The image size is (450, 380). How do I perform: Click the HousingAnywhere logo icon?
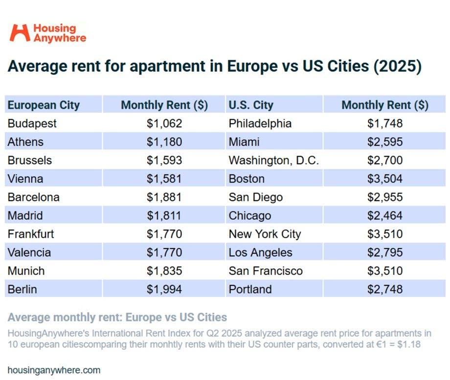click(x=20, y=33)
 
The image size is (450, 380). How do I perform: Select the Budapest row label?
click(x=32, y=124)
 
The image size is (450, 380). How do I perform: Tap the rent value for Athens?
click(x=164, y=142)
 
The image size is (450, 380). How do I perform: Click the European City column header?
click(x=44, y=105)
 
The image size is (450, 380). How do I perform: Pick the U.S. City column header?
click(x=251, y=105)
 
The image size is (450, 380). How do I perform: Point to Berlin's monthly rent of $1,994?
click(x=164, y=289)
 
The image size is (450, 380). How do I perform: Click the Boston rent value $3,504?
click(x=384, y=179)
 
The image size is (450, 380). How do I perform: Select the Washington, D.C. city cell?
click(x=273, y=160)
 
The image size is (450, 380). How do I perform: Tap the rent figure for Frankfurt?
click(x=164, y=234)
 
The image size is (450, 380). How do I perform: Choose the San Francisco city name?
click(x=266, y=271)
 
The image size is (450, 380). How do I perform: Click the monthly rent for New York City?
click(x=384, y=234)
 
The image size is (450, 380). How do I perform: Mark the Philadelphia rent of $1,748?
click(x=384, y=124)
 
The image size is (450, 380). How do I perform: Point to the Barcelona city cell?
click(x=33, y=197)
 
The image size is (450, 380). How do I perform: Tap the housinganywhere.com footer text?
click(x=54, y=370)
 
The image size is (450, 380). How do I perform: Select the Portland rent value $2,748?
click(x=384, y=289)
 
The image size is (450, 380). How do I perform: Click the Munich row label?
click(x=26, y=271)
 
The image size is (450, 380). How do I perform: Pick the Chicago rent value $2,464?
click(x=384, y=215)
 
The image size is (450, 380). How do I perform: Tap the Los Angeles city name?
click(x=260, y=253)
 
